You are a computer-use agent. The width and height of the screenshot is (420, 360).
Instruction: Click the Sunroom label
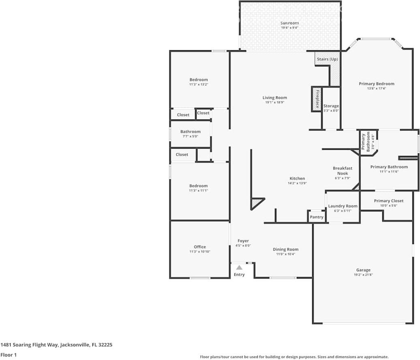(289, 23)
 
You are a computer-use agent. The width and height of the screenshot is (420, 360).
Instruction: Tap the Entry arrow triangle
(239, 267)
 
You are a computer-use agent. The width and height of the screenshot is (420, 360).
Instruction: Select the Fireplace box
(316, 99)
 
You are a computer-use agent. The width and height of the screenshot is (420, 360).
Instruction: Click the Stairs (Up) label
(327, 59)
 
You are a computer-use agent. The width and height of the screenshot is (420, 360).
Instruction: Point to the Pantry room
(317, 217)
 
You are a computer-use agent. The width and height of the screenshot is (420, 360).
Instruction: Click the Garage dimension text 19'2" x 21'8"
(363, 275)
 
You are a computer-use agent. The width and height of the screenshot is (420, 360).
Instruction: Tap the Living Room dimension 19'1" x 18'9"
(274, 102)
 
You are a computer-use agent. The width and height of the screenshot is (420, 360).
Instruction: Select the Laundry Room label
(343, 206)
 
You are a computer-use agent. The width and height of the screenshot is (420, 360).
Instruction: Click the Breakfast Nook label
(343, 170)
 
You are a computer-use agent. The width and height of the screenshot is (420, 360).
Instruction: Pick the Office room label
(200, 247)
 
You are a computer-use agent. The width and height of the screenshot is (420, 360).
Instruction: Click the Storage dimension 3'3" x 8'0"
(331, 111)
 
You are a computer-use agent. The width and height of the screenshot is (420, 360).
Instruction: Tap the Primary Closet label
(389, 201)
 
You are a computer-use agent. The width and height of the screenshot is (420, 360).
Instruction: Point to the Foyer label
(243, 241)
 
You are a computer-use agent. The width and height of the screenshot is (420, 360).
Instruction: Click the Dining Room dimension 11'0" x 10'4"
(285, 254)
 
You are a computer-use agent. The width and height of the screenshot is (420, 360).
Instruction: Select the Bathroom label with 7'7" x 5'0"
(191, 132)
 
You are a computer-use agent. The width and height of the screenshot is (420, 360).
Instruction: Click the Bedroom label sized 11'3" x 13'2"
(199, 80)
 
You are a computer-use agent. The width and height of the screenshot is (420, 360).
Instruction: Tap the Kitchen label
(297, 179)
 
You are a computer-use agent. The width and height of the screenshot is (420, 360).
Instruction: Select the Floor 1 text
(9, 355)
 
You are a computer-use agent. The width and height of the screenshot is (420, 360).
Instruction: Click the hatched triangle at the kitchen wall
(256, 202)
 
